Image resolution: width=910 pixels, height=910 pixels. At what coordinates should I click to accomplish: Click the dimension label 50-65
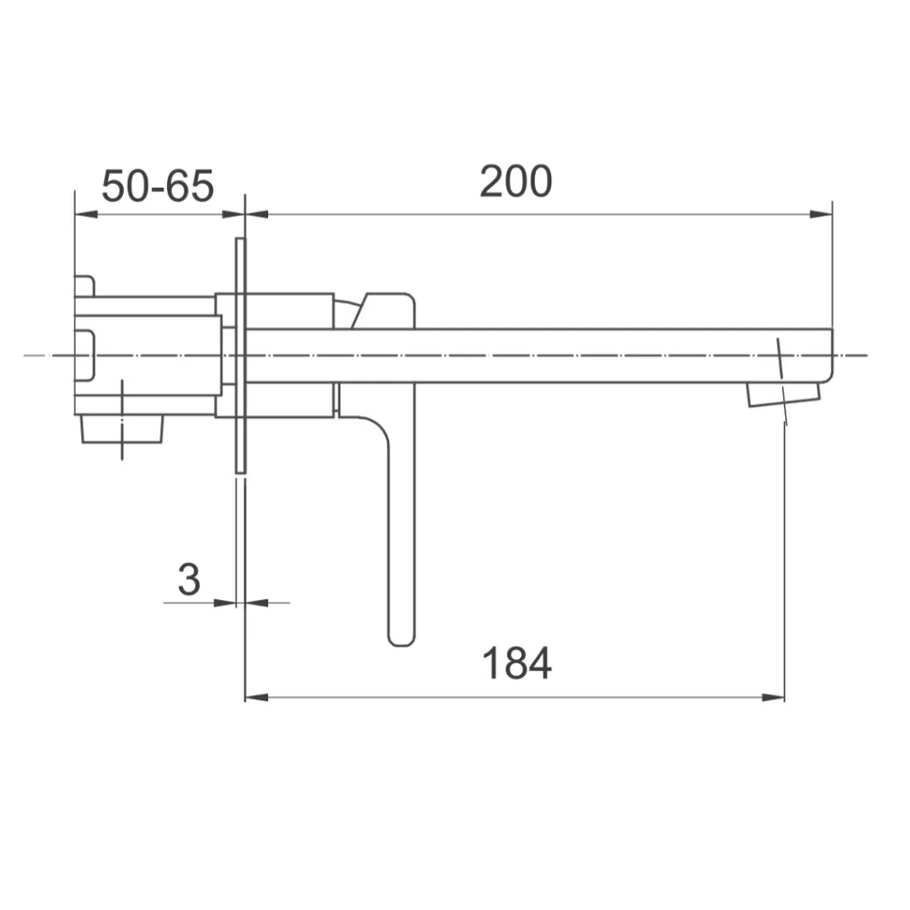158,186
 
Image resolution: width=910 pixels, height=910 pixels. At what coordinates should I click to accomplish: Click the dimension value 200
516,182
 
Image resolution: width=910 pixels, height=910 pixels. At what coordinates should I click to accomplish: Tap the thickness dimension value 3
190,579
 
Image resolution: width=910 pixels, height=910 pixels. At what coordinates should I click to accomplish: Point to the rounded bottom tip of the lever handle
401,640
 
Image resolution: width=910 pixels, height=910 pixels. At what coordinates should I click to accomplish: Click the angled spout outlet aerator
784,393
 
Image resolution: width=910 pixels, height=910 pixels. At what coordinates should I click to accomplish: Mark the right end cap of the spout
828,356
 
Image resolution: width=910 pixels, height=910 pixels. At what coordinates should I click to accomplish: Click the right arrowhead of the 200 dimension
822,214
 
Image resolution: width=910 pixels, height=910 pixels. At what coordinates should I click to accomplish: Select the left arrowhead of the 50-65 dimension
86,214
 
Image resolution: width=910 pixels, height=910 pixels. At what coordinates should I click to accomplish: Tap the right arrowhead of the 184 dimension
773,697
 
